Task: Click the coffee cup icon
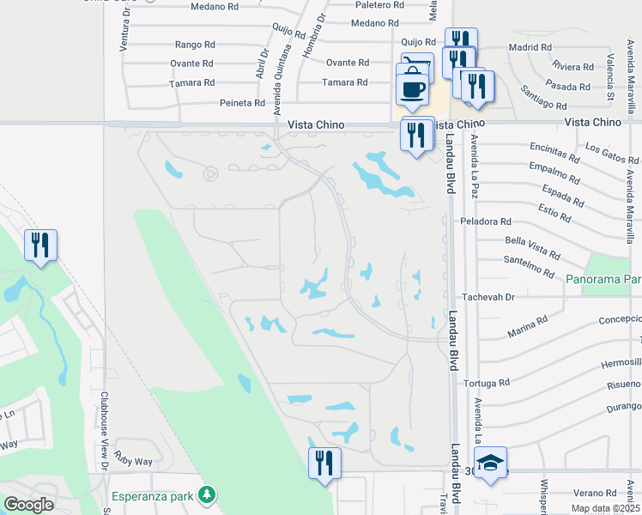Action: pos(412,88)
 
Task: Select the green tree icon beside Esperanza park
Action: pos(206,494)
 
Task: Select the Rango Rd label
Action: pos(195,44)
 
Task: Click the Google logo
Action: pos(28,505)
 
